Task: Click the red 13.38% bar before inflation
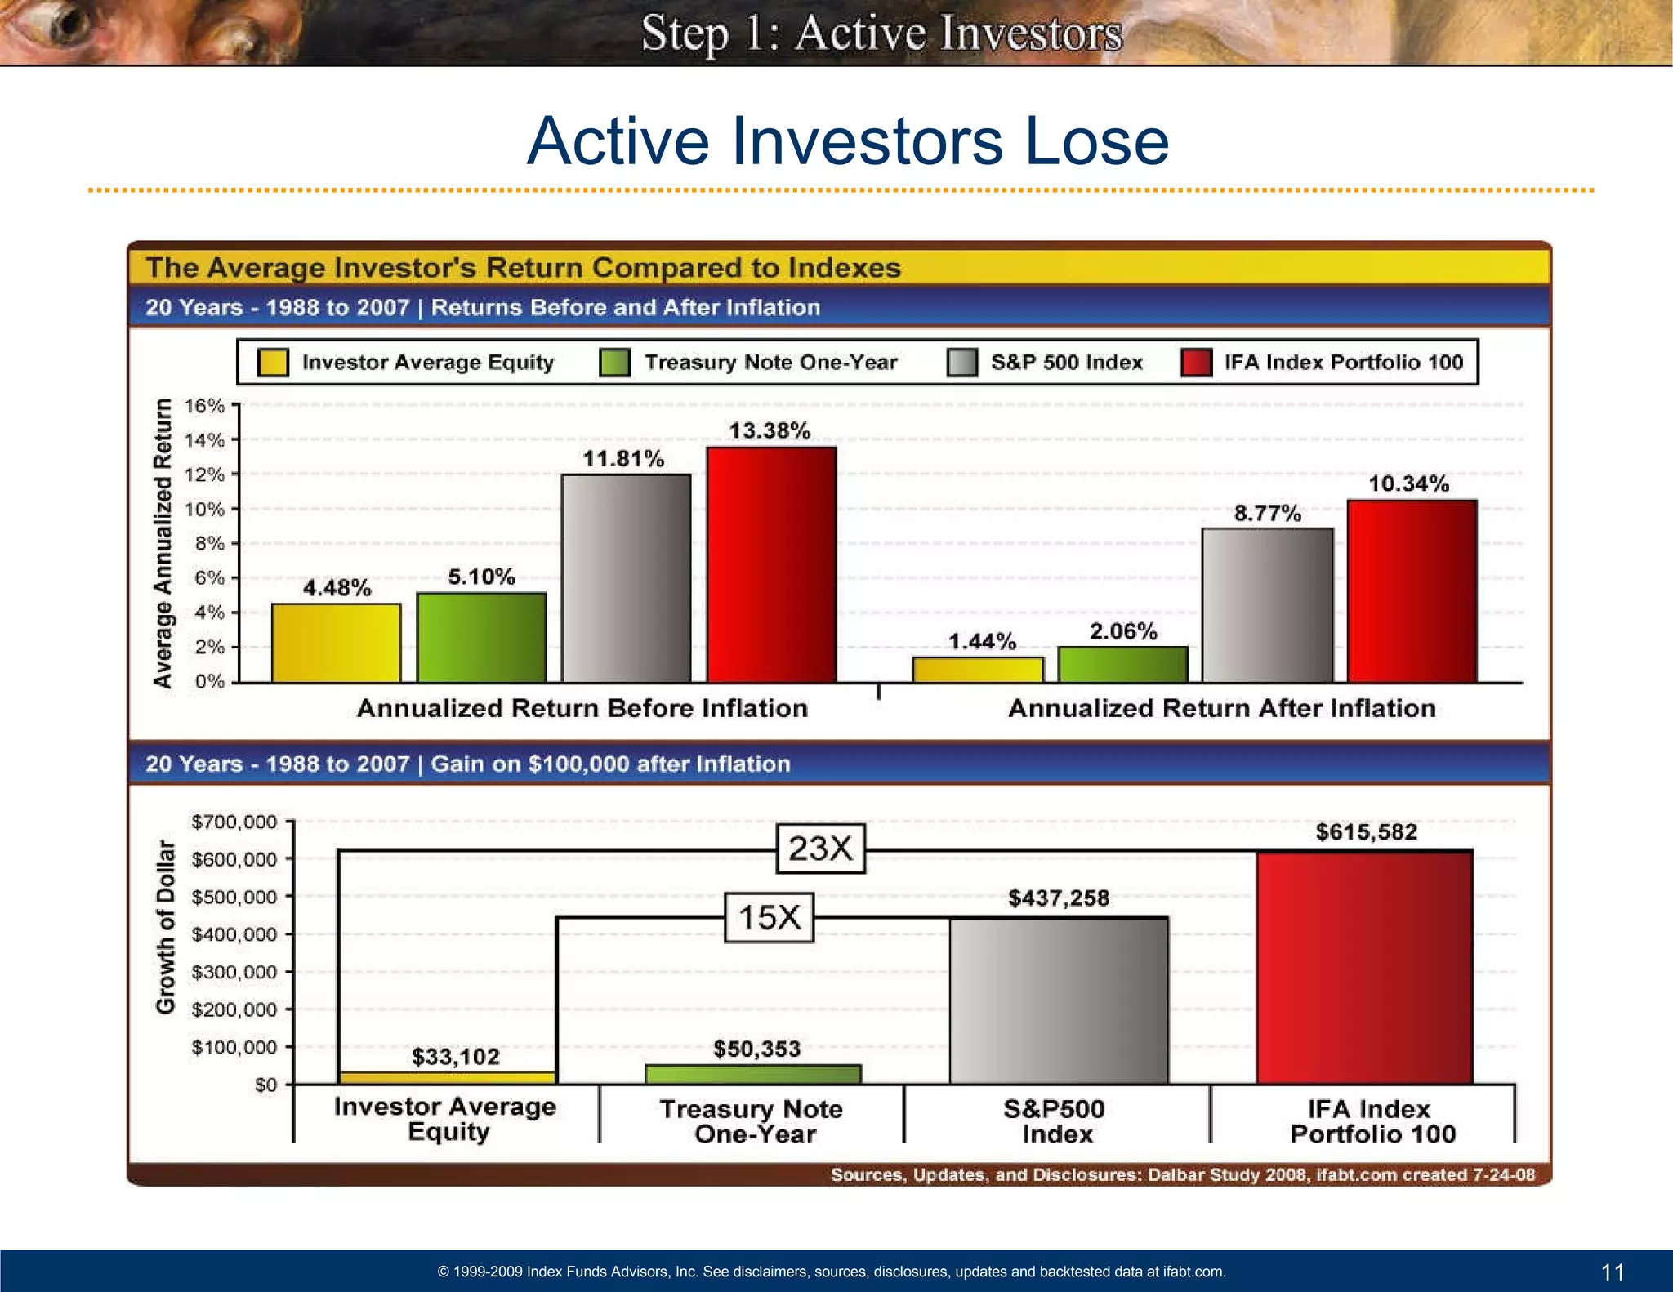(771, 564)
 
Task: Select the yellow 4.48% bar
(336, 643)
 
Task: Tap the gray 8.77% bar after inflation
(1267, 605)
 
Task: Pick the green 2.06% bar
(1122, 664)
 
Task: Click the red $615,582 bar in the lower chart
(1364, 967)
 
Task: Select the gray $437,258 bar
(1059, 1000)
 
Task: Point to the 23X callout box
(820, 849)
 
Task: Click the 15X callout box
(769, 917)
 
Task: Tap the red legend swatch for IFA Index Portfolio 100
(1196, 363)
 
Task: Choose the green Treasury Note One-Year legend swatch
(614, 363)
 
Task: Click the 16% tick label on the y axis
(204, 406)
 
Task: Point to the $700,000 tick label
(234, 822)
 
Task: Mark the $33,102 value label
(455, 1057)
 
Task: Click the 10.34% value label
(1408, 483)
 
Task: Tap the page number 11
(1613, 1272)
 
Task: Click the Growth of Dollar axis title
(166, 926)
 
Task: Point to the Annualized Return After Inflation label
(1221, 708)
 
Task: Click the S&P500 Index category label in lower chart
(1055, 1121)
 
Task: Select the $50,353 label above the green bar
(756, 1049)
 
